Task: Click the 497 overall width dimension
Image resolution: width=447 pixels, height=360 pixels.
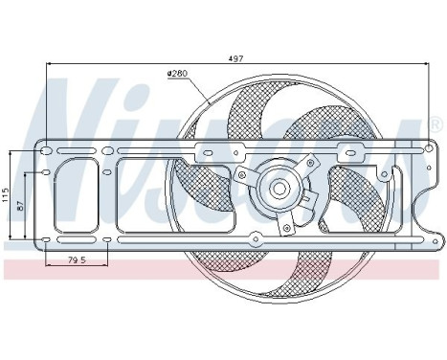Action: [235, 58]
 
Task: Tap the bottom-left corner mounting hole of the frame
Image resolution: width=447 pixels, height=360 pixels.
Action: [47, 236]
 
